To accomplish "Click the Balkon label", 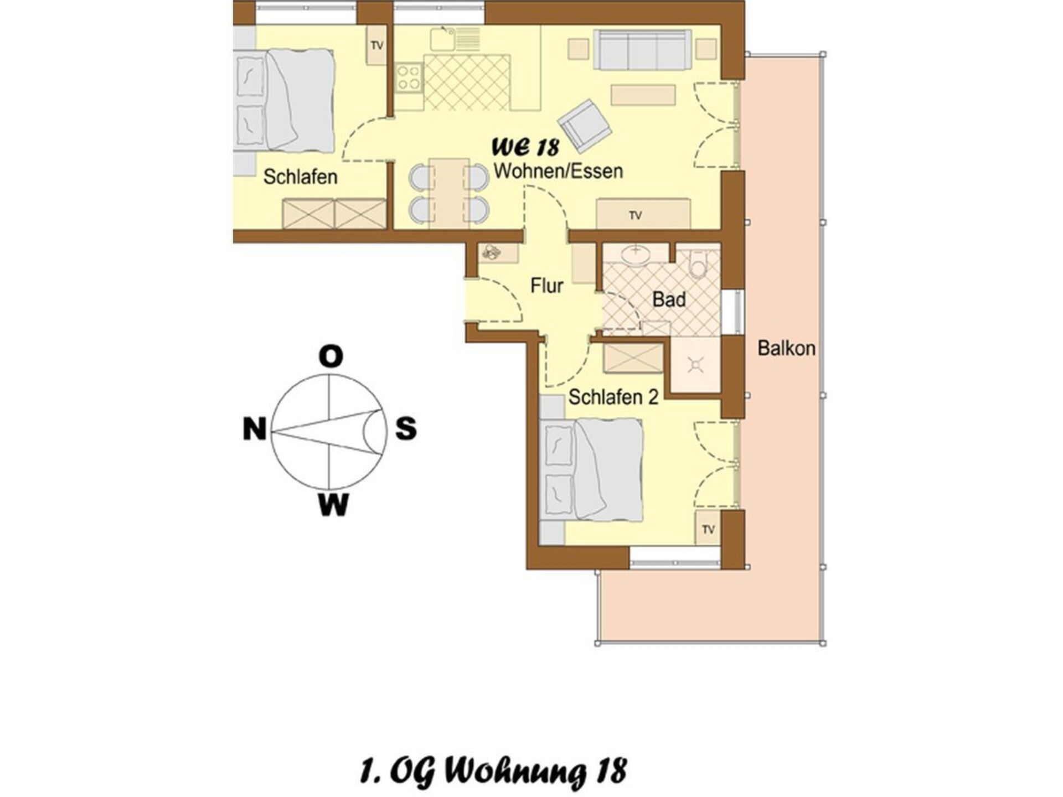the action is pos(786,348).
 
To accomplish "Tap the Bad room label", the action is pos(669,299).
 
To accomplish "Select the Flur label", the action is pos(546,286).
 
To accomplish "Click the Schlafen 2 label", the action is pos(613,397).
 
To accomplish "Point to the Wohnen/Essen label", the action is pos(558,171).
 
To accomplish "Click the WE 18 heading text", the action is pos(525,147).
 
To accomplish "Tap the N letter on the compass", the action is pos(255,428).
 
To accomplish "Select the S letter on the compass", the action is pos(406,428).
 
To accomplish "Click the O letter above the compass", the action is pos(331,357).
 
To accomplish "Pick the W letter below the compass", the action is pos(333,504).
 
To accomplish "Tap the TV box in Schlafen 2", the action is pos(708,529).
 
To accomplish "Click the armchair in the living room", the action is pos(585,126).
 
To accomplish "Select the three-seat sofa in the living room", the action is pos(642,50).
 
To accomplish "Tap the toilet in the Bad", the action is pos(698,265).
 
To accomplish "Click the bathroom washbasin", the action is pos(636,256).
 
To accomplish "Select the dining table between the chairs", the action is pos(448,193).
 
